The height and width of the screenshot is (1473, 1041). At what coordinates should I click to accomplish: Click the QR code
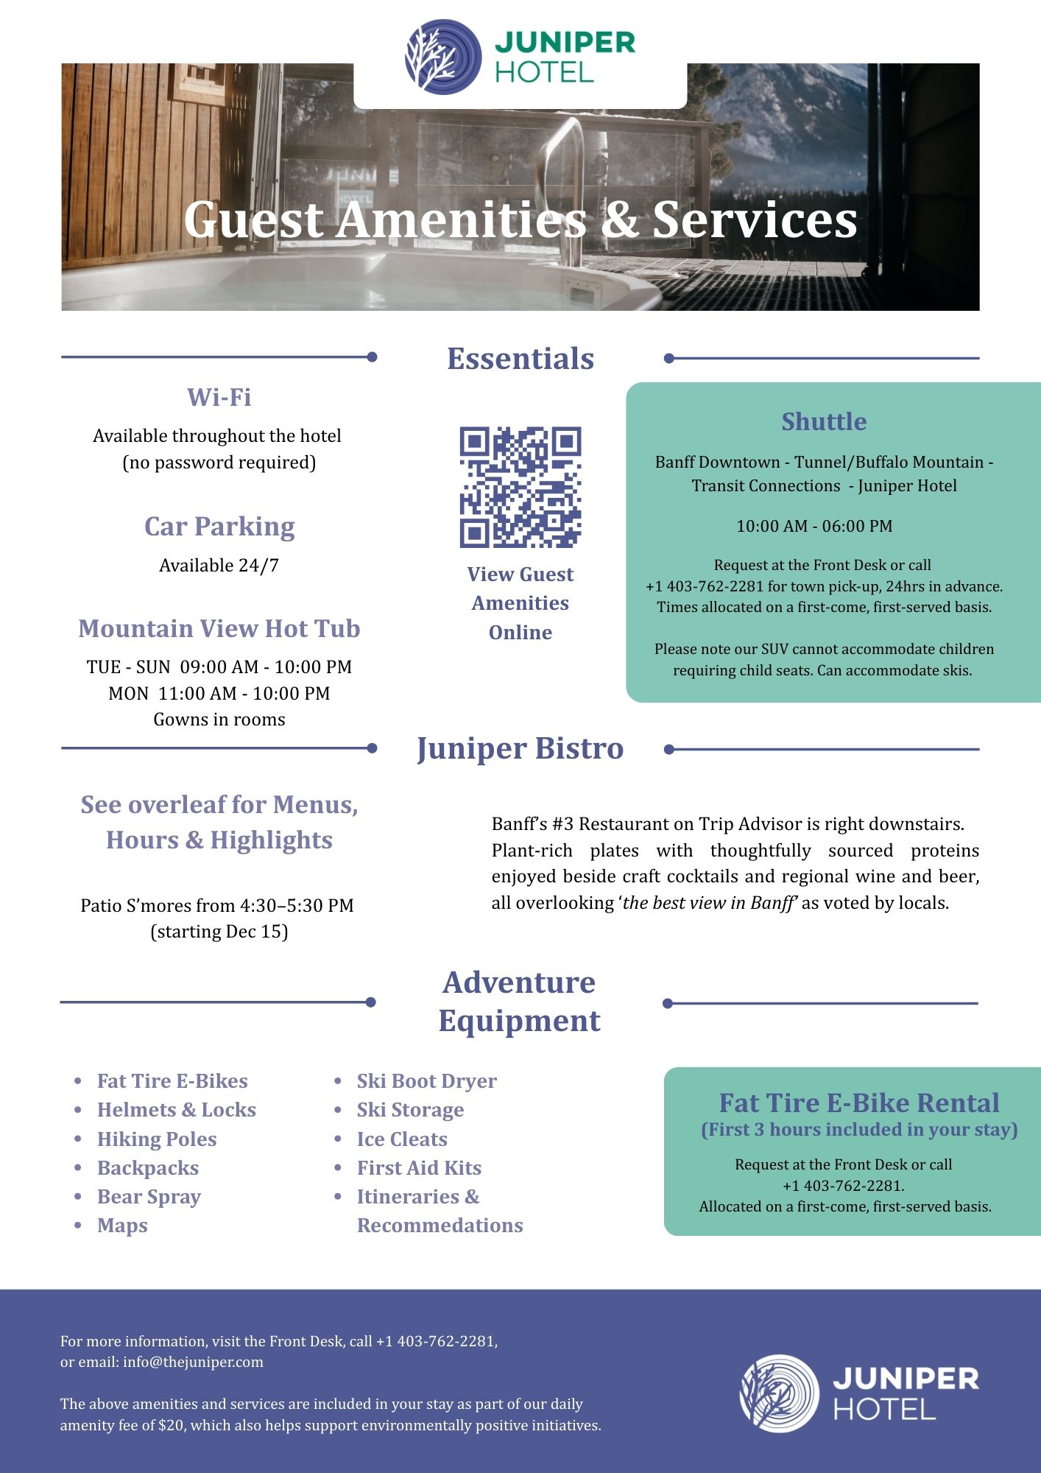click(x=520, y=487)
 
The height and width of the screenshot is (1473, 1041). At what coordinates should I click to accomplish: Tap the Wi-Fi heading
click(x=219, y=397)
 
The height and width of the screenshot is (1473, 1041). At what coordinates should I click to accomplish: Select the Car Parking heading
click(x=219, y=527)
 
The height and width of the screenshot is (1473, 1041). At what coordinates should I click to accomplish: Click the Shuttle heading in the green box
click(x=824, y=421)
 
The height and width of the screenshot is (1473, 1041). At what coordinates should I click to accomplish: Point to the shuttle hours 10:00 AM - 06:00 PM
click(x=814, y=526)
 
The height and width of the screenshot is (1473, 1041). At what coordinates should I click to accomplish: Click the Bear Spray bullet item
click(x=149, y=1197)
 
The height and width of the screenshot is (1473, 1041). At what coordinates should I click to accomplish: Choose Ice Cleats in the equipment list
click(x=402, y=1139)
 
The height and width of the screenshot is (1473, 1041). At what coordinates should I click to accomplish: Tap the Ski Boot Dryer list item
click(x=427, y=1081)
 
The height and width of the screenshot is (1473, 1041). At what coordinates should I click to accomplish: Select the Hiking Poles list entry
click(x=157, y=1139)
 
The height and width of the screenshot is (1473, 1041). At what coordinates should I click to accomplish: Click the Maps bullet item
click(x=122, y=1226)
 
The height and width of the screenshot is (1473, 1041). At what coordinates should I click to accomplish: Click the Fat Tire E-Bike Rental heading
click(x=859, y=1103)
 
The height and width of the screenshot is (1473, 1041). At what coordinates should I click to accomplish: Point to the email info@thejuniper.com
click(x=193, y=1362)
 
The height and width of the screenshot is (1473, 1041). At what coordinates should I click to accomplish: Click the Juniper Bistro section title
click(x=520, y=748)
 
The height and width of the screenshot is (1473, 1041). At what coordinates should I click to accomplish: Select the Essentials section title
click(x=520, y=359)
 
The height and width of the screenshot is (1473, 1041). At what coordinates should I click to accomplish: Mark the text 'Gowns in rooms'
click(x=219, y=720)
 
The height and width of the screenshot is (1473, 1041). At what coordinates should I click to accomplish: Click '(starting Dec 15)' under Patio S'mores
click(x=219, y=932)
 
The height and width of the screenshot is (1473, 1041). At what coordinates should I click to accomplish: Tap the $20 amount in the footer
click(x=170, y=1425)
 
